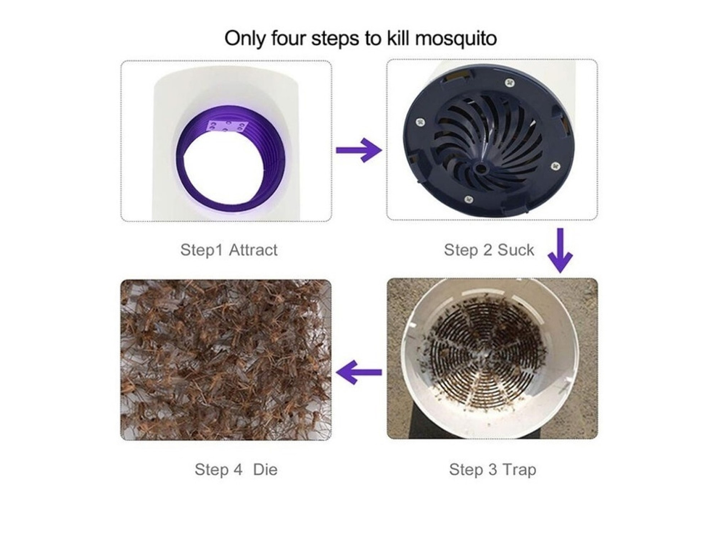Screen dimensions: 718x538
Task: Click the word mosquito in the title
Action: [456, 38]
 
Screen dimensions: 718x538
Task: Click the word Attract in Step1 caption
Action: [253, 250]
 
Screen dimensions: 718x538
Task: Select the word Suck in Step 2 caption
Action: [516, 250]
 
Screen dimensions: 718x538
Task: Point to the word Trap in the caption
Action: [519, 470]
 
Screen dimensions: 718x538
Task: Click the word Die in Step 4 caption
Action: [265, 470]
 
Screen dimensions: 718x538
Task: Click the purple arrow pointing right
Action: [359, 150]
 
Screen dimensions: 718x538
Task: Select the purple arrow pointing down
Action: [560, 251]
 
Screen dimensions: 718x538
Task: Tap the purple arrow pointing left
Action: [359, 372]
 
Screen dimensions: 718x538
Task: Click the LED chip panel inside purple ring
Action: [228, 126]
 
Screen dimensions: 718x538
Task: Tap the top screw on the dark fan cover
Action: [509, 82]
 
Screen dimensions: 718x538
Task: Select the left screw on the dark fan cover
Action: [420, 122]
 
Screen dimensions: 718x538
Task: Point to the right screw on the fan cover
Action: [555, 166]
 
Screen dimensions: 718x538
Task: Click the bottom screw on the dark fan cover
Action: [469, 199]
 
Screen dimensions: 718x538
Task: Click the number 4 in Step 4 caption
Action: [238, 470]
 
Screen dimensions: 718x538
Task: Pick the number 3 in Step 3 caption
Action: [493, 470]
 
